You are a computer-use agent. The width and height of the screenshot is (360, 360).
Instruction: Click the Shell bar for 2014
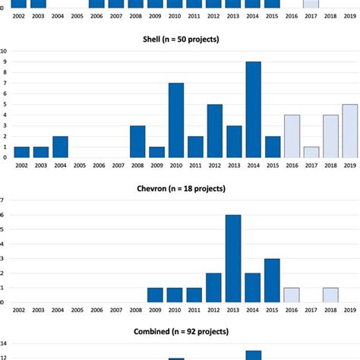(253, 109)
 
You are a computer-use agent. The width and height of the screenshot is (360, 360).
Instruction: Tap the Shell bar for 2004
(60, 147)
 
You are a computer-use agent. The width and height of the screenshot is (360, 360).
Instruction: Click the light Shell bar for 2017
(292, 152)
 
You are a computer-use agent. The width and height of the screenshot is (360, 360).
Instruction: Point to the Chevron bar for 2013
(234, 258)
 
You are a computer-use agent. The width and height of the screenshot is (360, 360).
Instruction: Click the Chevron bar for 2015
(273, 280)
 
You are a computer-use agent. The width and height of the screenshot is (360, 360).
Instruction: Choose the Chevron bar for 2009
(156, 295)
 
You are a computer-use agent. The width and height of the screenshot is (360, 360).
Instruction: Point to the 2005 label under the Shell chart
(80, 164)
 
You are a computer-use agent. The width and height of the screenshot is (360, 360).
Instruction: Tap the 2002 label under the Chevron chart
(21, 310)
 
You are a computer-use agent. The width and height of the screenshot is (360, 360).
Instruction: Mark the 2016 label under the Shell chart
(273, 164)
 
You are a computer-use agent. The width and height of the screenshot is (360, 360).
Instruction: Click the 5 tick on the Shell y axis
(5, 104)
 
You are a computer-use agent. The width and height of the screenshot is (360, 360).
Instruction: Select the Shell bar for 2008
(137, 141)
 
